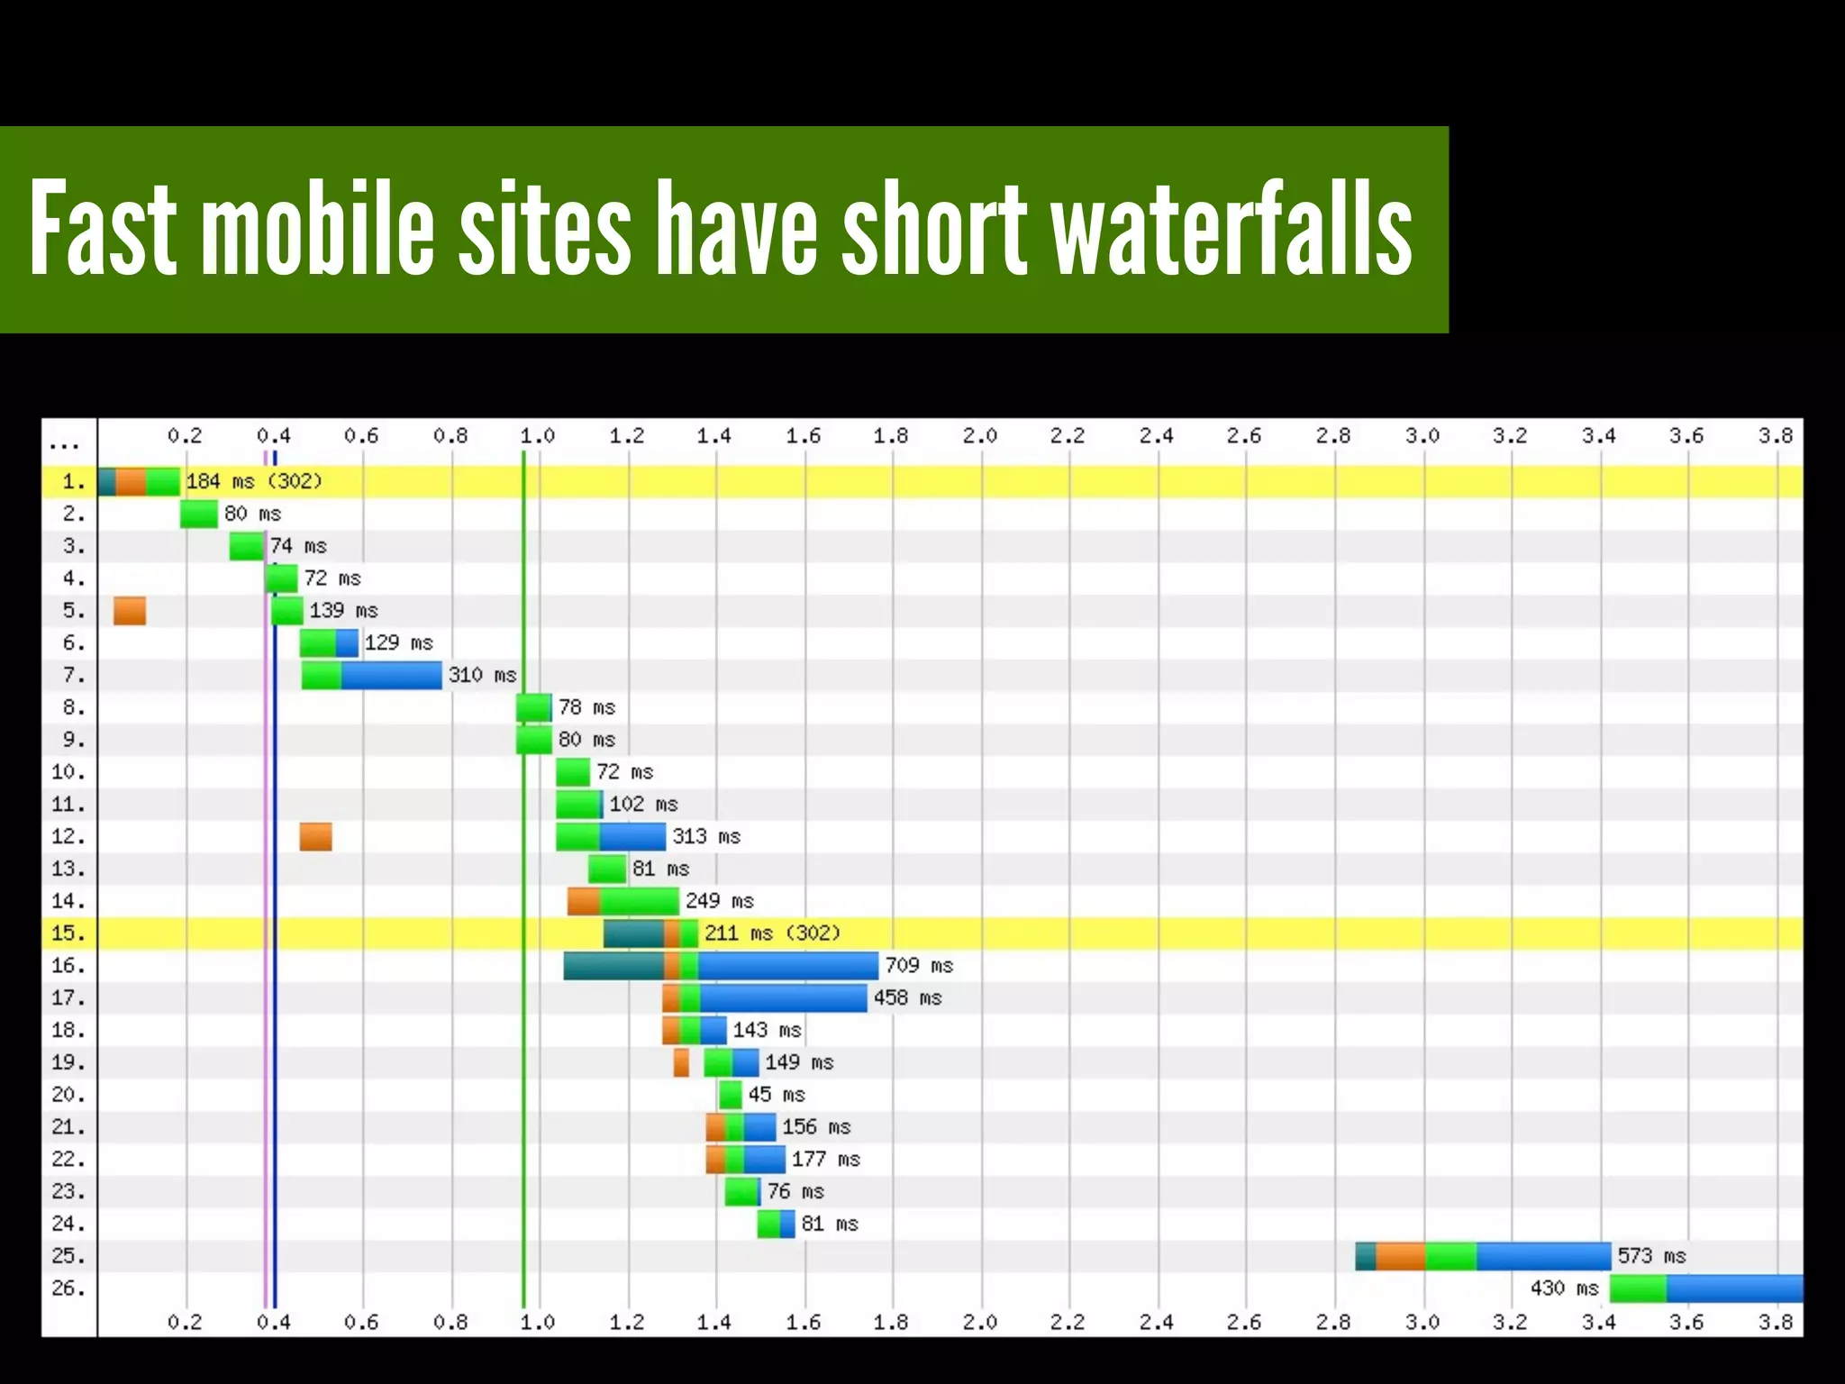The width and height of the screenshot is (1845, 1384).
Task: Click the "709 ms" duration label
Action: (x=918, y=966)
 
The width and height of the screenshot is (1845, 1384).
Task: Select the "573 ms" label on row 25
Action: (x=1650, y=1256)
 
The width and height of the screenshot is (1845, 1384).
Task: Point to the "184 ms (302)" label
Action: (x=253, y=482)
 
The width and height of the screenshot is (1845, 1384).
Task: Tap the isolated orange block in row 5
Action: (x=130, y=611)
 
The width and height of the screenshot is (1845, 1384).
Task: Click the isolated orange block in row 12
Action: (x=315, y=837)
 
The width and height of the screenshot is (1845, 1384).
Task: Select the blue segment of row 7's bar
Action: (x=391, y=676)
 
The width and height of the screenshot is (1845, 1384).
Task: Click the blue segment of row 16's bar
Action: (x=787, y=966)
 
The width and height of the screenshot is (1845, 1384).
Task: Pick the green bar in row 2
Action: (x=198, y=514)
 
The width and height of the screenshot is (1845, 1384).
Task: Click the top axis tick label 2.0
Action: (x=979, y=437)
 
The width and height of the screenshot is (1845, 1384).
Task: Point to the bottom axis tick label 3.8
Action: (x=1775, y=1322)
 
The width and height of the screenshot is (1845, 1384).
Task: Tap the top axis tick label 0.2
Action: (x=185, y=437)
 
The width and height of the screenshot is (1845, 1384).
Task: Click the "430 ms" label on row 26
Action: (x=1564, y=1288)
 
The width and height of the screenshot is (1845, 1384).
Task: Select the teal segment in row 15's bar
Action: (x=633, y=933)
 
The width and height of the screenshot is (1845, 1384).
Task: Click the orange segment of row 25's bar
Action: (x=1400, y=1256)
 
